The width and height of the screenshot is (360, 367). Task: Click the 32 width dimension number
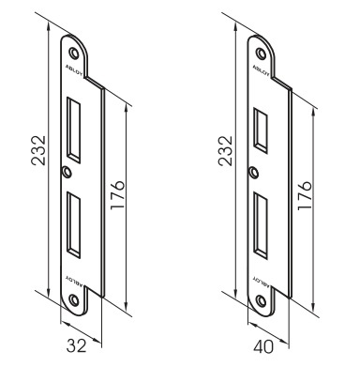coord(77,346)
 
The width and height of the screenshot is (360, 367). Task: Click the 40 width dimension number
coord(263,346)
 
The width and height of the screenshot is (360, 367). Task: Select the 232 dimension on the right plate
coord(226,150)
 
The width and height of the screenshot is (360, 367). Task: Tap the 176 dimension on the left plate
coord(118,194)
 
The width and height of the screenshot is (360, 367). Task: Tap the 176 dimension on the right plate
coord(305,195)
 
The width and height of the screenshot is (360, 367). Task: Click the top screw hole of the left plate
coord(74,53)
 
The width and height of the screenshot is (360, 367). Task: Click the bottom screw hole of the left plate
coord(74,299)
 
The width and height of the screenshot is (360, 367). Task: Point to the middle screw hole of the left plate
coord(67,172)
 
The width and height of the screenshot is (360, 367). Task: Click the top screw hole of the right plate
coord(261,53)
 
